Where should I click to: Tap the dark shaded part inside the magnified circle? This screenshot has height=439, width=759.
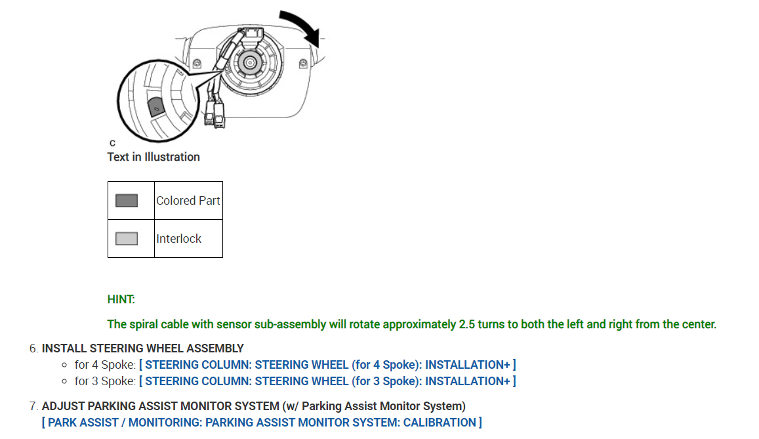pos(155,106)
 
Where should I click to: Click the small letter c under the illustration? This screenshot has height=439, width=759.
pos(112,142)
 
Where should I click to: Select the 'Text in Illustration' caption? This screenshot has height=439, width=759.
pos(154,157)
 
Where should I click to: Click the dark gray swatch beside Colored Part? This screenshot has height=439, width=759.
pos(127,201)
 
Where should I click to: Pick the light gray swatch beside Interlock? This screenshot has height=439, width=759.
pos(127,239)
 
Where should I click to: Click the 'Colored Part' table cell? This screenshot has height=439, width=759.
pos(188,201)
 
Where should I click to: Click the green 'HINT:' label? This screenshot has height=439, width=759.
pos(121,299)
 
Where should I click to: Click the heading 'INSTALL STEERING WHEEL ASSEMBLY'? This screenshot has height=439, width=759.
pos(142,348)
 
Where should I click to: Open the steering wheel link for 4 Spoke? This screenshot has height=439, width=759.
pos(327,364)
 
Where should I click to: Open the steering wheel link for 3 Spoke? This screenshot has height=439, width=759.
pos(327,381)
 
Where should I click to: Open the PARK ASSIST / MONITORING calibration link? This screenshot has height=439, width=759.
pos(262,423)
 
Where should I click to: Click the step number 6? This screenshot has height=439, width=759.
pos(33,348)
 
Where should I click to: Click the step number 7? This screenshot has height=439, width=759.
pos(33,406)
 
